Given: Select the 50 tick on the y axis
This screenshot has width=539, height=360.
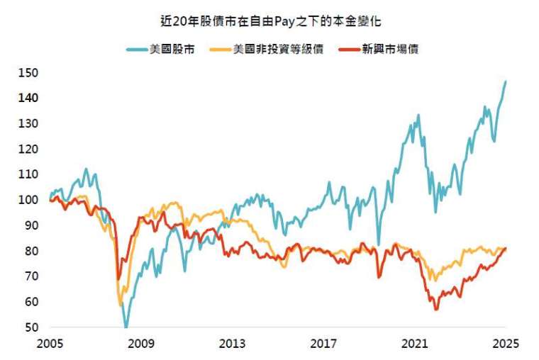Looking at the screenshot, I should pos(32,327).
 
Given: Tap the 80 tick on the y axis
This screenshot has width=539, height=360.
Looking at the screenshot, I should pos(32,251).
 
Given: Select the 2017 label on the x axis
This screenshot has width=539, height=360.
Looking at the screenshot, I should pos(323,344).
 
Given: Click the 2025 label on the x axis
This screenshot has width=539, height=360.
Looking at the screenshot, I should pos(506,344).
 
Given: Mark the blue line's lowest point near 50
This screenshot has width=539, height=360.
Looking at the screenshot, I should pos(126,327).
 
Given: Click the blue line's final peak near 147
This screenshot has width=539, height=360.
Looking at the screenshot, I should pos(506,81).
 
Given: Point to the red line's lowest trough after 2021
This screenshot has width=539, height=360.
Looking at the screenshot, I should pos(436,309).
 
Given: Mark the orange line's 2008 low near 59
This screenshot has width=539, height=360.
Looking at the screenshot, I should pos(121,305).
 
